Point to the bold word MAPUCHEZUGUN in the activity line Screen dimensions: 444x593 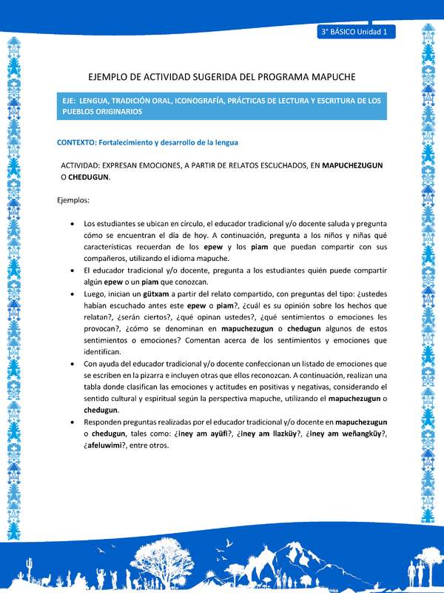[x=352, y=166]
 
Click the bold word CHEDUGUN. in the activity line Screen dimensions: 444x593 [x=90, y=178]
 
